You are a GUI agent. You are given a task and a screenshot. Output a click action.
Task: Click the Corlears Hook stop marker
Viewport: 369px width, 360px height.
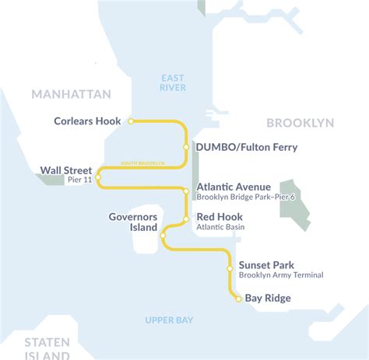click(x=131, y=121)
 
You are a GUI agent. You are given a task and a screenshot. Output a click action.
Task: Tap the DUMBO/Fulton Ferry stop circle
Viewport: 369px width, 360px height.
click(x=187, y=146)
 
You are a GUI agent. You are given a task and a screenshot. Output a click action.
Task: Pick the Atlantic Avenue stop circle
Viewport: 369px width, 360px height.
click(x=186, y=190)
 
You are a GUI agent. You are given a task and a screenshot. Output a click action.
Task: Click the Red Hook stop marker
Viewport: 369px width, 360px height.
click(x=186, y=218)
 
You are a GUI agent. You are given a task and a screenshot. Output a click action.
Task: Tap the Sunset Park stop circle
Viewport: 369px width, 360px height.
click(x=230, y=268)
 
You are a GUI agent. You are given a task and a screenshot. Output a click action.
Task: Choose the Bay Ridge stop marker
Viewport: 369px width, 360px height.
click(x=238, y=298)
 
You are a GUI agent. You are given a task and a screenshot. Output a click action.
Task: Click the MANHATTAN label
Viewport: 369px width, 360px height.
click(x=72, y=94)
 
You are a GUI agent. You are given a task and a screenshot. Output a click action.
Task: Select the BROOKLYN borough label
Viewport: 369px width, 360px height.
click(x=300, y=123)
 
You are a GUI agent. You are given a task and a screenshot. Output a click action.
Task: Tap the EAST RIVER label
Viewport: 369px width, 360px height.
click(x=173, y=82)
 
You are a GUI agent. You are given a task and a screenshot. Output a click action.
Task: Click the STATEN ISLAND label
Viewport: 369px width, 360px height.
click(x=46, y=348)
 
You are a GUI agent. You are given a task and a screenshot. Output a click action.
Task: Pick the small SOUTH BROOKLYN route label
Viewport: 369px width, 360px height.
click(x=142, y=163)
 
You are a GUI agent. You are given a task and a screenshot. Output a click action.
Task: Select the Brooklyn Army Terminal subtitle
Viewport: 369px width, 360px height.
click(x=280, y=275)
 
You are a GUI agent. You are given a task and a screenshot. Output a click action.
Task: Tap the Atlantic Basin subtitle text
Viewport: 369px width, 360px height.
click(x=221, y=227)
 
